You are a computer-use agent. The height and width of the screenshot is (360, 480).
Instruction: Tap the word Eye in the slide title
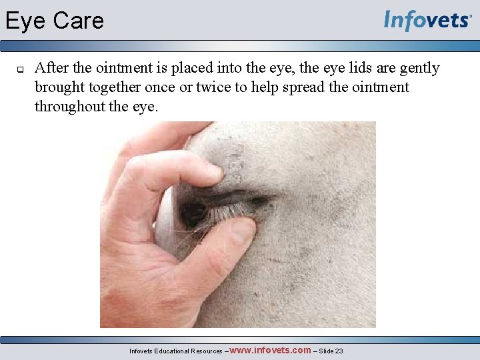pos(25,21)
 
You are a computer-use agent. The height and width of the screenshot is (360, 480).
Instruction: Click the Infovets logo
pos(427,20)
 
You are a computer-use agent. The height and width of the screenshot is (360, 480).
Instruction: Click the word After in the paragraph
pos(52,68)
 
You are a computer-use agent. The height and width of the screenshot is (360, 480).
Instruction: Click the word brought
pos(60,87)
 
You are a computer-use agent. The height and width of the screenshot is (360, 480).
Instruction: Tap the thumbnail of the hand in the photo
pos(242,231)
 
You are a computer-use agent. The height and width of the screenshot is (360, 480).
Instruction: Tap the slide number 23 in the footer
pos(339,351)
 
